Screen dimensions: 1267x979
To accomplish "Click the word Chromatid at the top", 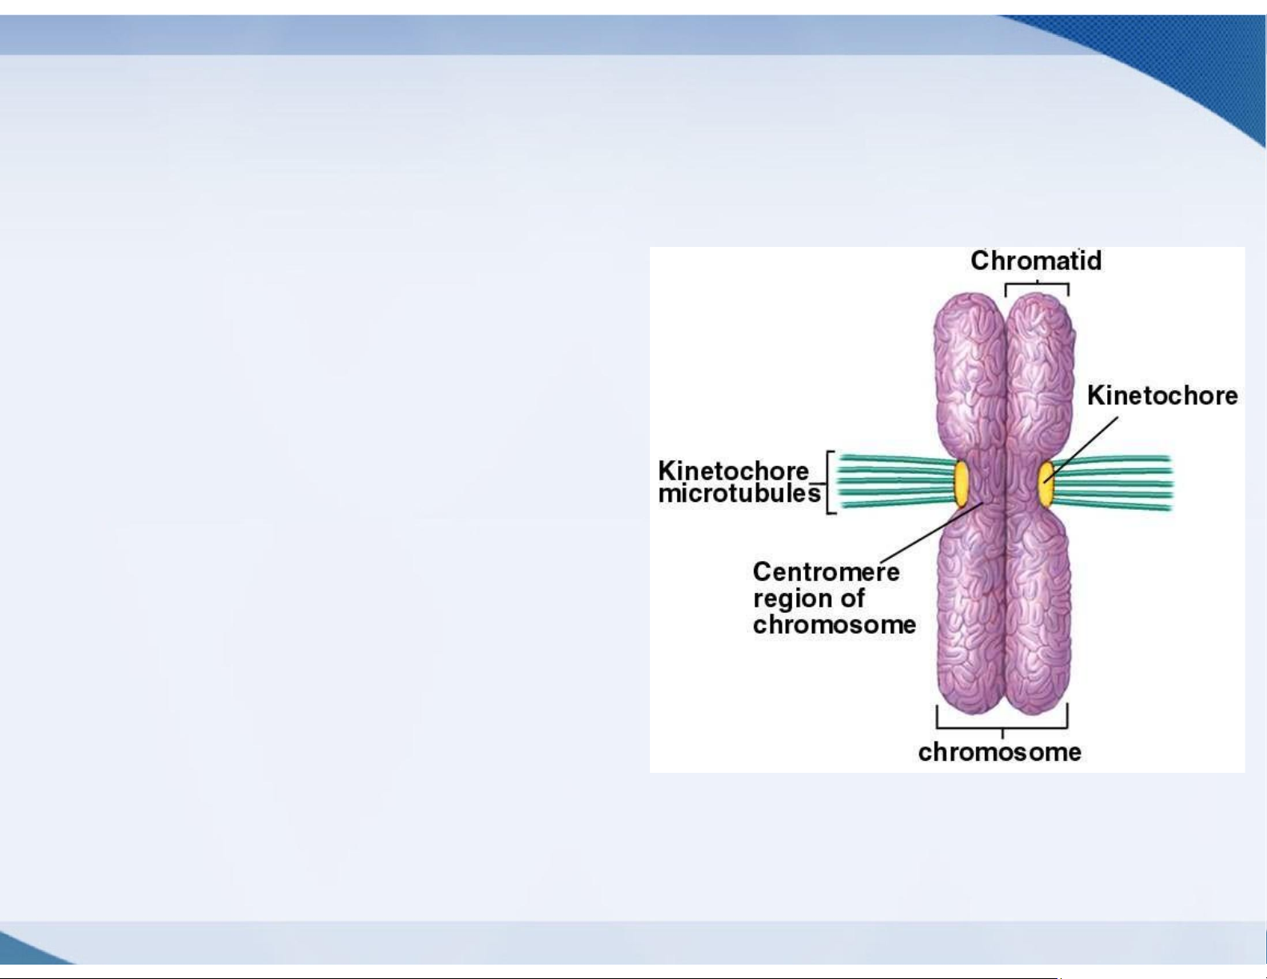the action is coord(1036,261).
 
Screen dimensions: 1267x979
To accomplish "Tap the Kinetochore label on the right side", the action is coord(1162,396).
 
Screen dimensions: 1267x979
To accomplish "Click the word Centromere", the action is coord(827,571).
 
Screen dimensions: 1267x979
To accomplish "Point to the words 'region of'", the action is coord(809,599).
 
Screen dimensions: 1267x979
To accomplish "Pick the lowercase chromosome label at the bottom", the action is coord(999,752).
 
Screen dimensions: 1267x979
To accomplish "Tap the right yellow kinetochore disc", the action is coord(1046,483).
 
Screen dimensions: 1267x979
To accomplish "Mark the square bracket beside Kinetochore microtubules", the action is coord(831,483).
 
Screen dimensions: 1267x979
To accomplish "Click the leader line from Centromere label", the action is coord(932,531).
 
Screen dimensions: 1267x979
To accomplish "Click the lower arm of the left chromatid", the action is coord(970,612).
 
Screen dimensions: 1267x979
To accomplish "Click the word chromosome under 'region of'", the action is coord(835,625).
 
